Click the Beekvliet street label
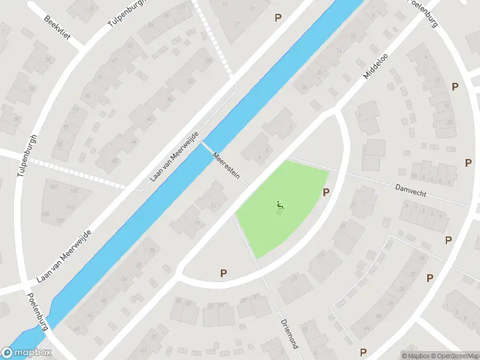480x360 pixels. pos(57,27)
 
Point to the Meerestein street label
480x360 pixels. pos(226,166)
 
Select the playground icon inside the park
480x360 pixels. pos(280,207)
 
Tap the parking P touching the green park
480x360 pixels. pos(326,192)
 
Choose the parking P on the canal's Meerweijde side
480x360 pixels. pos(278,17)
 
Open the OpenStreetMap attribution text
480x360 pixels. pos(455,356)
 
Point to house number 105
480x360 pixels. pos(74,191)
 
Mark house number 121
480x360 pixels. pos(60,221)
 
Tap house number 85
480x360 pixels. pos(60,144)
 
